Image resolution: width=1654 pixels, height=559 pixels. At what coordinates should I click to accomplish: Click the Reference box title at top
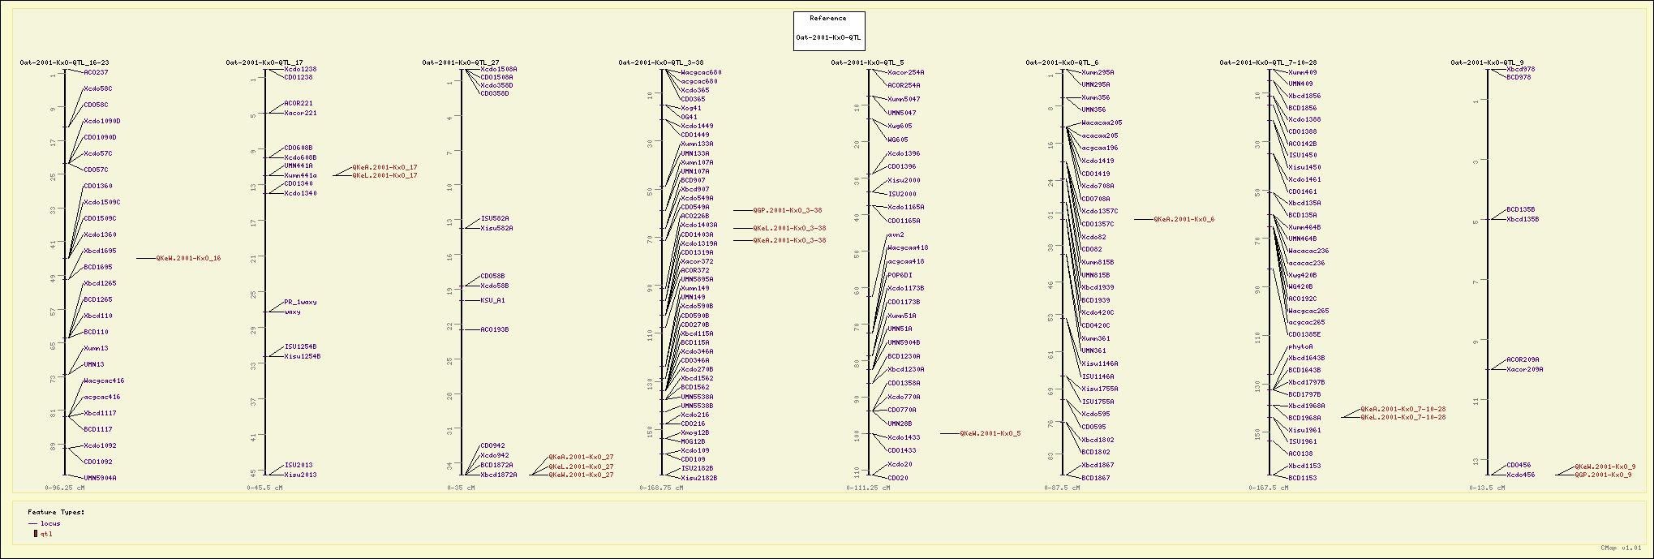coord(828,18)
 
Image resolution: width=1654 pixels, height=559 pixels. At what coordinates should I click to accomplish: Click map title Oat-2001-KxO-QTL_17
coord(264,62)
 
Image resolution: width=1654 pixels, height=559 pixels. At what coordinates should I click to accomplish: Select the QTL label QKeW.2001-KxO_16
coord(188,259)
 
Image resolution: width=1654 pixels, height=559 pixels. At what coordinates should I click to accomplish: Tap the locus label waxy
coord(292,312)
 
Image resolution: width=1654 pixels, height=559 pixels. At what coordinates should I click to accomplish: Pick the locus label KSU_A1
coord(492,300)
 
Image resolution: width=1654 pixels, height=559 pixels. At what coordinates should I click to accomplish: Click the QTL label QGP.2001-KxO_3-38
coord(787,210)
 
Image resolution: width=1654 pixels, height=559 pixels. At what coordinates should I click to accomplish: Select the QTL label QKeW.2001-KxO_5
coord(990,433)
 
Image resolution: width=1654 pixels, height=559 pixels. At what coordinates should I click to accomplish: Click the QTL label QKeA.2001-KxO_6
coord(1184,219)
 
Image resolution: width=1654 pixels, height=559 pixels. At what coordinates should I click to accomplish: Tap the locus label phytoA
coord(1300,346)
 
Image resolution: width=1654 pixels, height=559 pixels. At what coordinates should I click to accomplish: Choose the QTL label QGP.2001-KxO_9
coord(1603,475)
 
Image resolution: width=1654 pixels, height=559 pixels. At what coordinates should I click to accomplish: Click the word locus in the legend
coord(50,523)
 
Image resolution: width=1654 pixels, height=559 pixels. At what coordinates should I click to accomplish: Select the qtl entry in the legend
coord(46,534)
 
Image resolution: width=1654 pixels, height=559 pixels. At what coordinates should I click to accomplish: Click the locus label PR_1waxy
coord(300,302)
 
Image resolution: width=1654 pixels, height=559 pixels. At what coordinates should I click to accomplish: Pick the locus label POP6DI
coord(900,275)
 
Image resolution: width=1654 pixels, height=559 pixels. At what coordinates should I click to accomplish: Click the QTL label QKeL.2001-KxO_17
coord(385,176)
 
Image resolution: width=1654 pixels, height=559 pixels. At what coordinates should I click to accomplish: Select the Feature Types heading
coord(56,512)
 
